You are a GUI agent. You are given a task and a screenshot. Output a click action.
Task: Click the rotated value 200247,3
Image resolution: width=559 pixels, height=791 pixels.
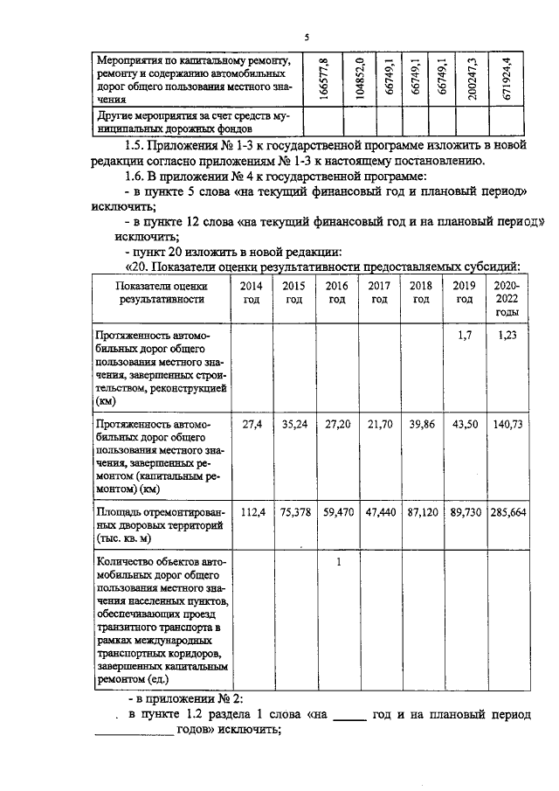click(472, 77)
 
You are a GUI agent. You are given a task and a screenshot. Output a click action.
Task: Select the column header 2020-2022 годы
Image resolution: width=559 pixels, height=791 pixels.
click(507, 298)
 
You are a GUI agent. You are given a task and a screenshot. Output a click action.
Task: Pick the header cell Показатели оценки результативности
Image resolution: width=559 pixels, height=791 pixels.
click(162, 292)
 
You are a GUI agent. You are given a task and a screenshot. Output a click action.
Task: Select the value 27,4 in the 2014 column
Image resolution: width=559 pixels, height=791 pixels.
click(252, 423)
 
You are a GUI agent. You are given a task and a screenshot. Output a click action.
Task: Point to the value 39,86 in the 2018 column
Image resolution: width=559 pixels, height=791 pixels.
click(422, 423)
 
